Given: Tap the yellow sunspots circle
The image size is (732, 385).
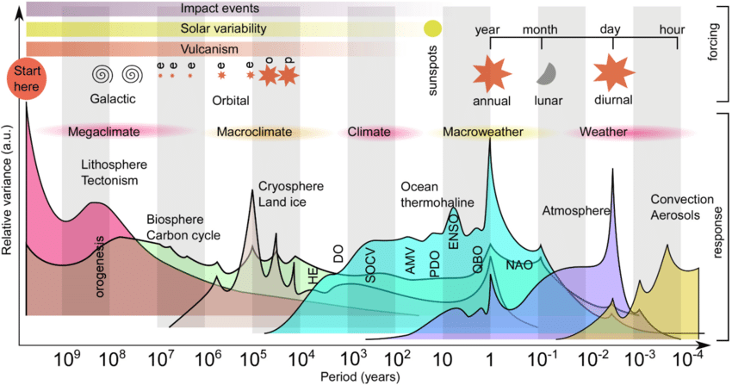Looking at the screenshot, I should (432, 28).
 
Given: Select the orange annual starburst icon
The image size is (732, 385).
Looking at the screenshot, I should (492, 72).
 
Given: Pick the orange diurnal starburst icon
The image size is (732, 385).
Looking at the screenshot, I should (612, 72).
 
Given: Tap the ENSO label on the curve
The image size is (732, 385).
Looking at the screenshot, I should (454, 231).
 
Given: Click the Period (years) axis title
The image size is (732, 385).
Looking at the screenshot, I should (361, 377).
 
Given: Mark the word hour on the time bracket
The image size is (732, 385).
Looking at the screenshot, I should (672, 29).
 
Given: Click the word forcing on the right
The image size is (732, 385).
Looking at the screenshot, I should (713, 50).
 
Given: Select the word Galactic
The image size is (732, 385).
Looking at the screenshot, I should (113, 99).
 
